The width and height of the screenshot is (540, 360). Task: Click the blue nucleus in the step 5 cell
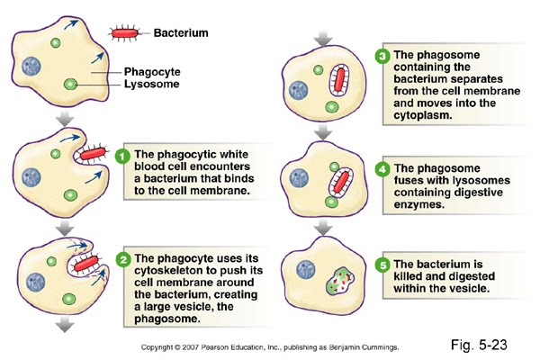tap(307, 268)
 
